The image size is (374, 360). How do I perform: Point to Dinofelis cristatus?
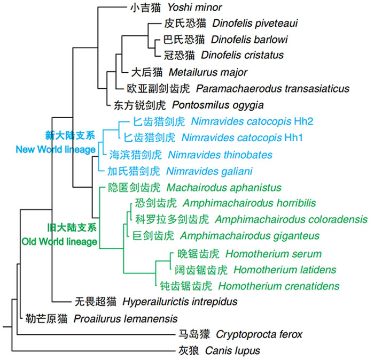(x=242, y=55)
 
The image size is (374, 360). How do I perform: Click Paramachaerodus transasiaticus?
(x=272, y=88)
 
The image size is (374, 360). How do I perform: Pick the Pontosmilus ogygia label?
(x=217, y=104)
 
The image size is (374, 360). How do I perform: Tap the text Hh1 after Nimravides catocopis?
(x=294, y=137)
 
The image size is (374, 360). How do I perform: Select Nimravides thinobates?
(x=213, y=155)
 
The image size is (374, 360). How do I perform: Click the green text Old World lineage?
(x=59, y=242)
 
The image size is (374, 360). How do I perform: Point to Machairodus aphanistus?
(x=224, y=188)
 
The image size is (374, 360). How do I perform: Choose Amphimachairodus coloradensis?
(x=291, y=219)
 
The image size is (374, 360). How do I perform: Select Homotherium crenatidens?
(x=278, y=286)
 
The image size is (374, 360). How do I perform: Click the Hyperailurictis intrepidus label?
(x=180, y=302)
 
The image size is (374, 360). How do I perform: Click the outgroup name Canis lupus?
(x=235, y=351)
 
